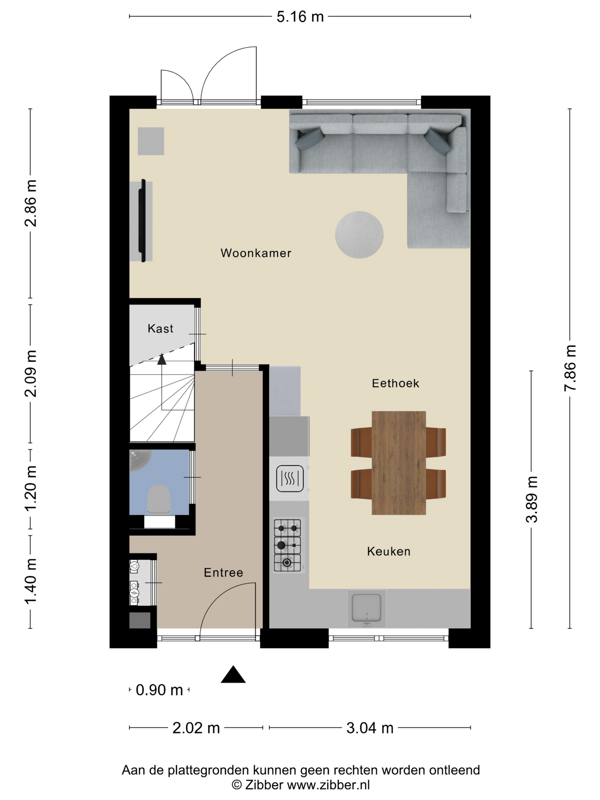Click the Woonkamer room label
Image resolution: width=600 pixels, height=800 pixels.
[256, 253]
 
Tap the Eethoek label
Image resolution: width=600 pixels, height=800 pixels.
[395, 383]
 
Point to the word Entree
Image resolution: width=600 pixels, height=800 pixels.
[223, 572]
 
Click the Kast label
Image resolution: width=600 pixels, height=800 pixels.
[160, 328]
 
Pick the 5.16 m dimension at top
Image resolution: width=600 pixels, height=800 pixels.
[300, 17]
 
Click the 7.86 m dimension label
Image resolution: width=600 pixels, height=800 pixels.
[570, 367]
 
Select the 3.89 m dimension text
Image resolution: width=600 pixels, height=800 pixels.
[531, 499]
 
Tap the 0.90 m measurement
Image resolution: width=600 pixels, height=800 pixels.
[159, 690]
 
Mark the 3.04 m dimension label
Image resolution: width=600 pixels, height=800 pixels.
[370, 728]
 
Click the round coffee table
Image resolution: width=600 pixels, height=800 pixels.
[359, 235]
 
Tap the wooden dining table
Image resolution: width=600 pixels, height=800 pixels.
[399, 463]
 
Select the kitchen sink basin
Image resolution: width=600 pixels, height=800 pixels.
[366, 609]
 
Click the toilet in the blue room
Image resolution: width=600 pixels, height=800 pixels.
[159, 499]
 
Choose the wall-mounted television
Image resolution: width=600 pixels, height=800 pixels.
[143, 221]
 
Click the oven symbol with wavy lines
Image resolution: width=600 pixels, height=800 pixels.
[290, 479]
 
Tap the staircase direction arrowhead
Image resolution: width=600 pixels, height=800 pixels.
[162, 359]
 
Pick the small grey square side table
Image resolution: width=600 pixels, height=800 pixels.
[151, 141]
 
